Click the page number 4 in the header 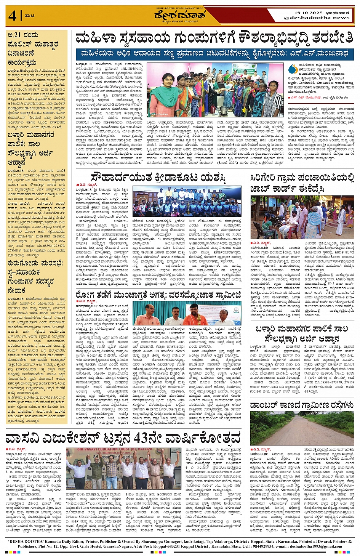[x=12, y=16]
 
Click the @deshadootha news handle [x=316, y=18]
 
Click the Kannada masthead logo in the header [x=180, y=15]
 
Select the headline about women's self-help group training [x=214, y=38]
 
